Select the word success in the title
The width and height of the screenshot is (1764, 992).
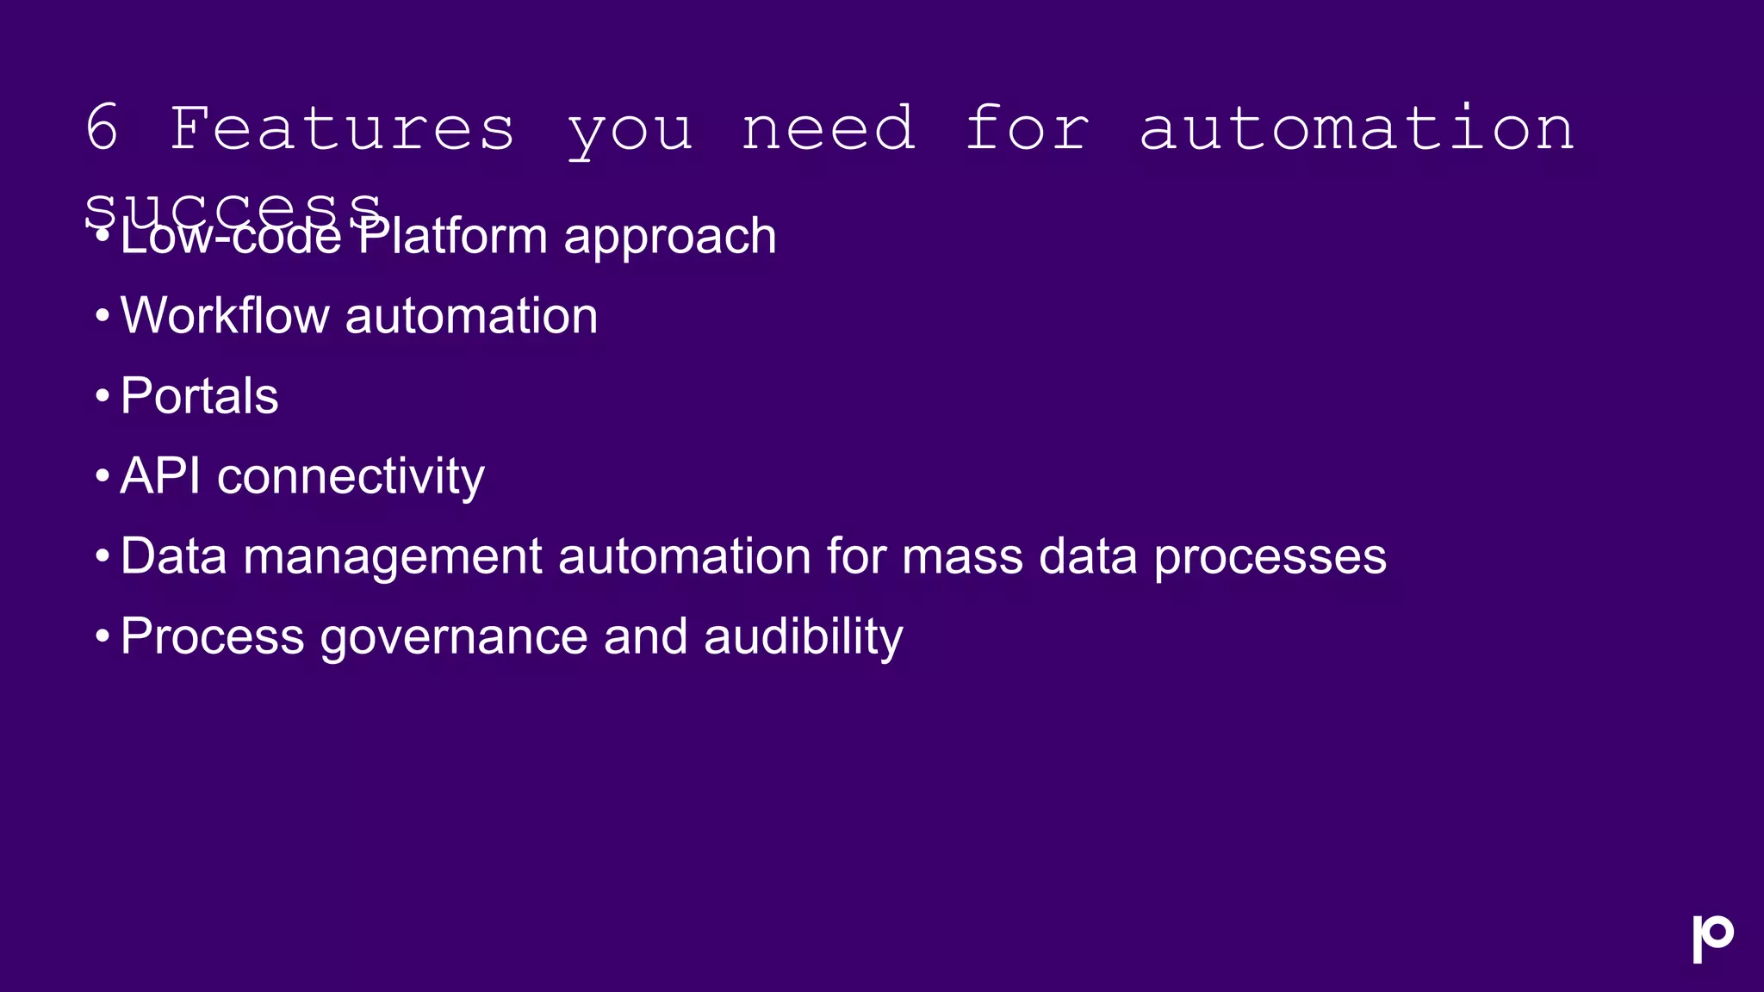(233, 207)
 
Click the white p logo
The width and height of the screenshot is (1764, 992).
(1711, 938)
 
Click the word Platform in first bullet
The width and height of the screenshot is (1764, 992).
(452, 237)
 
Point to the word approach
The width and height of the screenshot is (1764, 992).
(670, 239)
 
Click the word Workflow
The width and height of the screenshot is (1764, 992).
(225, 315)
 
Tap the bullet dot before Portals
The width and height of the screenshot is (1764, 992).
(102, 397)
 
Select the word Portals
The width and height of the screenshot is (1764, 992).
(199, 396)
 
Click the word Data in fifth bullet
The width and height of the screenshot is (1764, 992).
(173, 556)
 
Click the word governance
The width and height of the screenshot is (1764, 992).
(454, 638)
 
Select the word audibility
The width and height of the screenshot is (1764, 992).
(803, 638)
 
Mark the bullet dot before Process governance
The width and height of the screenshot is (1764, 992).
(102, 637)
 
